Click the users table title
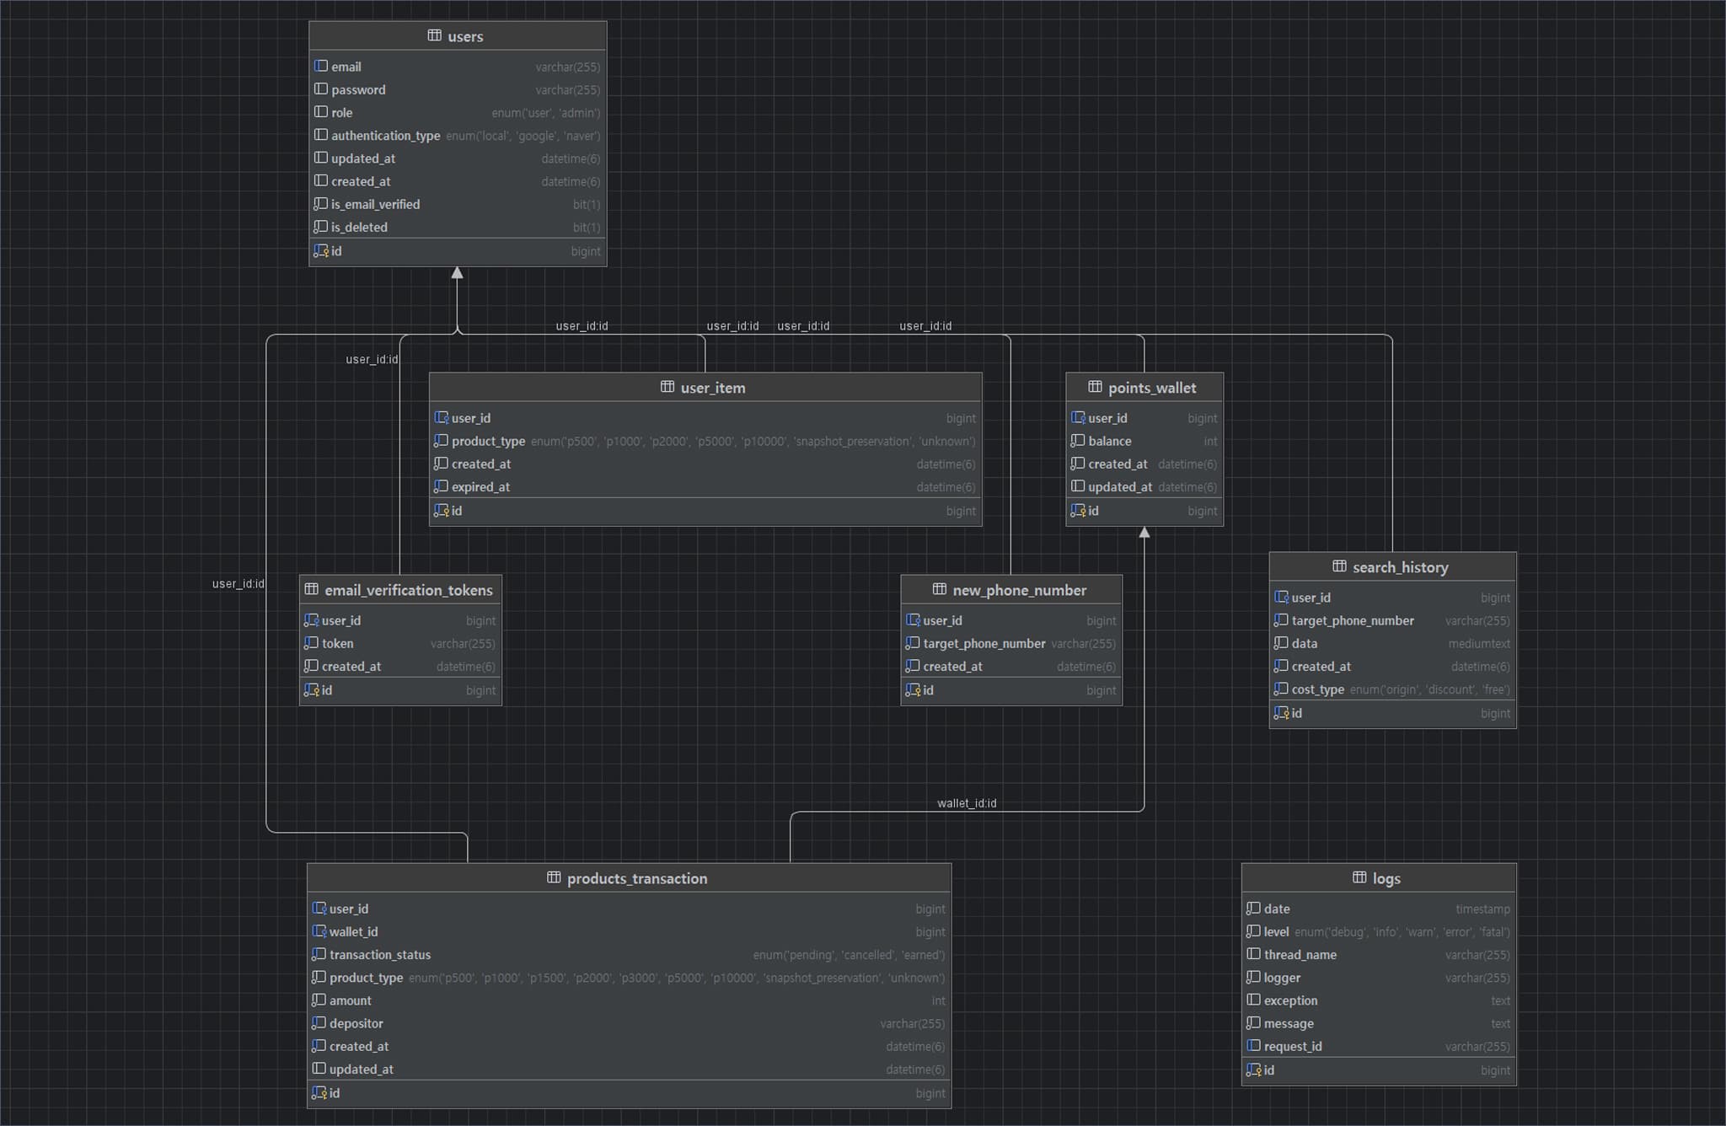pyautogui.click(x=464, y=36)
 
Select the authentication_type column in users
pyautogui.click(x=385, y=136)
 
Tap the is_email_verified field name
pyautogui.click(x=375, y=205)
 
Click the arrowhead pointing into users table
pyautogui.click(x=457, y=273)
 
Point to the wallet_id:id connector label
pyautogui.click(x=966, y=803)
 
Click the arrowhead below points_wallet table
pyautogui.click(x=1144, y=533)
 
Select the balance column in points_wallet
pyautogui.click(x=1109, y=442)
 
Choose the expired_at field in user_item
pyautogui.click(x=480, y=487)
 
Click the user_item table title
pyautogui.click(x=712, y=388)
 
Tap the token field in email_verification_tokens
pyautogui.click(x=337, y=644)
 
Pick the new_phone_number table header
pyautogui.click(x=1018, y=590)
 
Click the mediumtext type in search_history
pyautogui.click(x=1478, y=644)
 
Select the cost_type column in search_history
pyautogui.click(x=1317, y=689)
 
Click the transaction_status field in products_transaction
pyautogui.click(x=379, y=955)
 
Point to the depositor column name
pyautogui.click(x=356, y=1024)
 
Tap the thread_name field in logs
pyautogui.click(x=1300, y=955)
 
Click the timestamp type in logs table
pyautogui.click(x=1482, y=909)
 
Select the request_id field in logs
pyautogui.click(x=1292, y=1047)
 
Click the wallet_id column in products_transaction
pyautogui.click(x=353, y=932)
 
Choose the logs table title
pyautogui.click(x=1386, y=878)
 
